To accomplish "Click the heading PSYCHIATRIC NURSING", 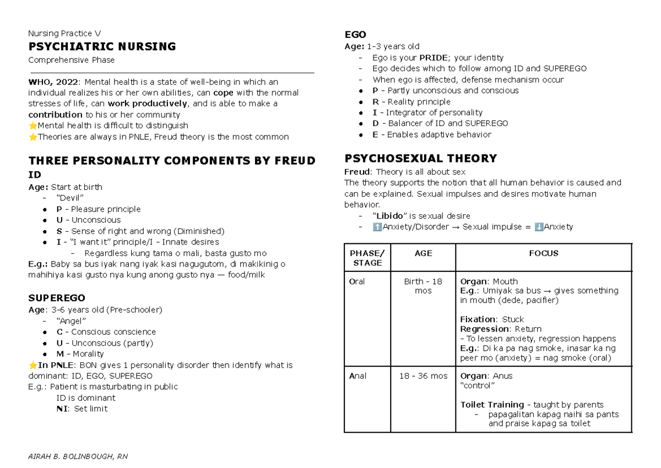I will tap(102, 47).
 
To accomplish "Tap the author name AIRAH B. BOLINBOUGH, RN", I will tap(78, 456).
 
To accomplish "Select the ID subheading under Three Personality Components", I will tap(34, 175).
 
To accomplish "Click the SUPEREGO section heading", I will tap(56, 298).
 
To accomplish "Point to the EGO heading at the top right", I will tap(355, 35).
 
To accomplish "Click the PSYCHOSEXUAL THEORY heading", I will tap(420, 159).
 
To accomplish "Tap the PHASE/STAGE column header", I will tap(367, 258).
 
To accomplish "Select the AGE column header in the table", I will tap(423, 253).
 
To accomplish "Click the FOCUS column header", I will tap(544, 253).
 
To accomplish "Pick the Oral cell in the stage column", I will tap(357, 281).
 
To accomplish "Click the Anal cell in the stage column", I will tap(357, 376).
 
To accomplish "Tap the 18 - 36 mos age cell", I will tap(423, 376).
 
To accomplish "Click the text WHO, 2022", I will tap(53, 82).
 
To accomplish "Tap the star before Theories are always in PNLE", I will tap(32, 137).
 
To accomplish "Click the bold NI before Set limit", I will tap(62, 409).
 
